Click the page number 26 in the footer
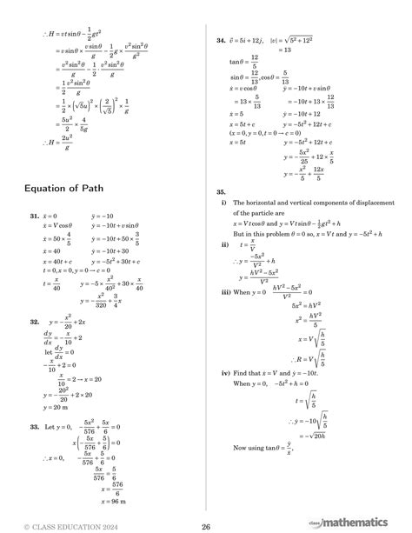point(206,524)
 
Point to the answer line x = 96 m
point(114,502)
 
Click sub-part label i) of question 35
point(223,203)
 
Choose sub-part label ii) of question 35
point(224,246)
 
